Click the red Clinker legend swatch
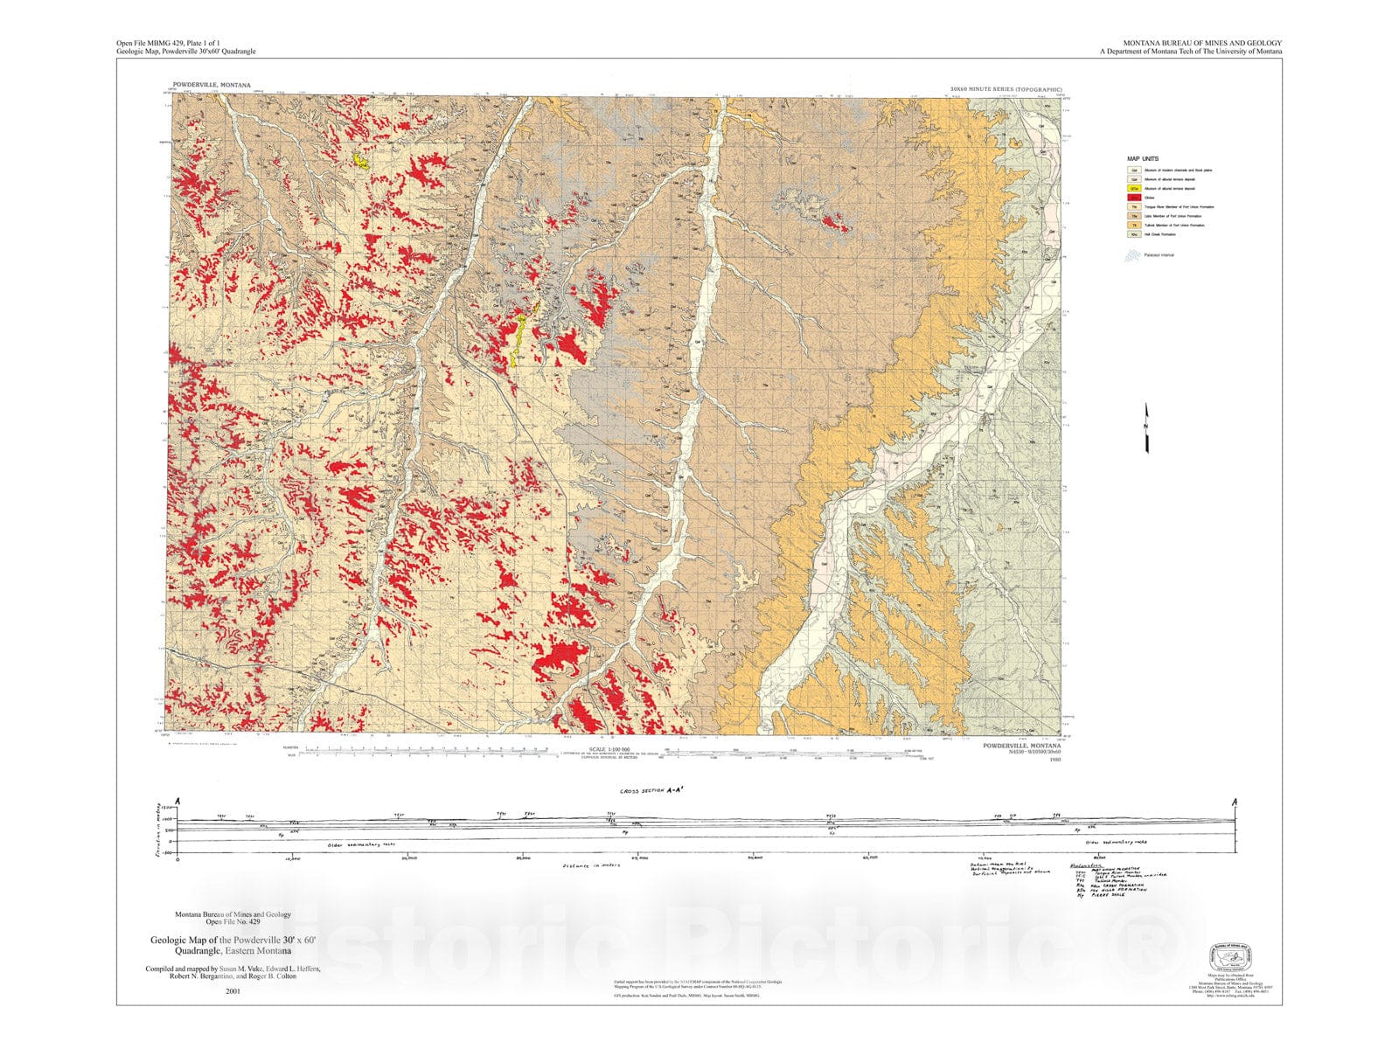(x=1134, y=198)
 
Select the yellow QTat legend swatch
(x=1134, y=188)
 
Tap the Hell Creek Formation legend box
(x=1134, y=234)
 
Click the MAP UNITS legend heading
(x=1143, y=159)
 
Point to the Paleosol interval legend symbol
(x=1133, y=255)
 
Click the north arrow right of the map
(x=1146, y=428)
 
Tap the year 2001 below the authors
(x=233, y=991)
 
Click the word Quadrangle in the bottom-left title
(x=199, y=950)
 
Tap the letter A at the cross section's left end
(x=177, y=802)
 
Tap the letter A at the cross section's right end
(x=1235, y=802)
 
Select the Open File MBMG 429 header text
(x=168, y=43)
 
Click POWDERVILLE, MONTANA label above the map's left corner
(x=212, y=86)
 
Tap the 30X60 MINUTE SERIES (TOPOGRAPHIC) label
(x=1006, y=89)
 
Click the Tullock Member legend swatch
(x=1134, y=225)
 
